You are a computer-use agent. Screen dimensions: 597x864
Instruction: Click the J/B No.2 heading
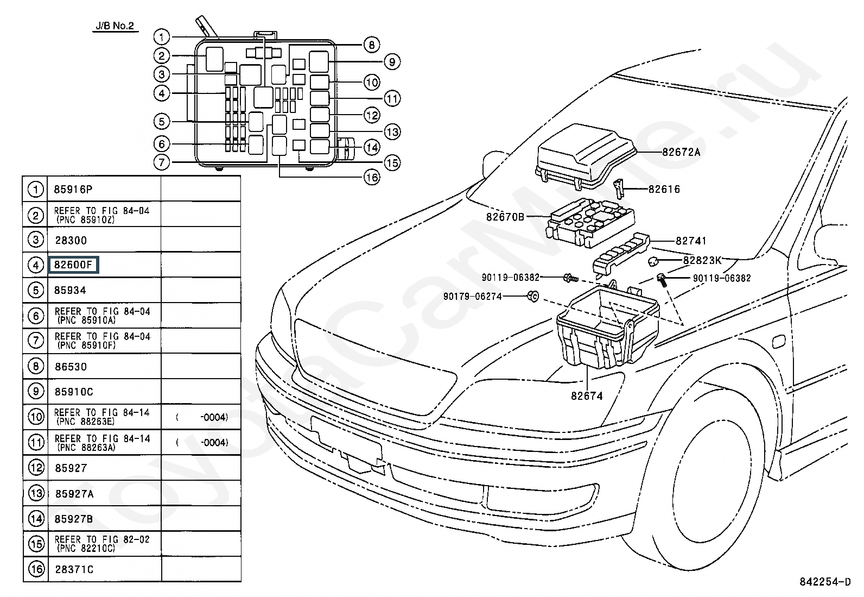click(115, 26)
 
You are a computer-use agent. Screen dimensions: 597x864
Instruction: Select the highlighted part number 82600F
click(73, 265)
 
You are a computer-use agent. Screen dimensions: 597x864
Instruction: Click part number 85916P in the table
click(73, 190)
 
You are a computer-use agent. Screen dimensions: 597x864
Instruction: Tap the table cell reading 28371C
click(74, 569)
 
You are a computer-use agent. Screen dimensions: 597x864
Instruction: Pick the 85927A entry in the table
click(74, 494)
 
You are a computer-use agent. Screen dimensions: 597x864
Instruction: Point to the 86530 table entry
click(71, 367)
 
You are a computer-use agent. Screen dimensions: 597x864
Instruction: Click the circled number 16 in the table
click(36, 569)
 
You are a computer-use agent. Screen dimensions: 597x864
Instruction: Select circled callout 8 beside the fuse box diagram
click(371, 45)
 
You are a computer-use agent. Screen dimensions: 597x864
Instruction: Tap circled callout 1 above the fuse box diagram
click(161, 37)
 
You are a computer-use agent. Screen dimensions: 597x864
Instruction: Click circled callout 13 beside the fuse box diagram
click(392, 131)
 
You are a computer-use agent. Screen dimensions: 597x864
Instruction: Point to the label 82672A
click(681, 152)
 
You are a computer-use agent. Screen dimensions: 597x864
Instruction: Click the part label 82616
click(664, 189)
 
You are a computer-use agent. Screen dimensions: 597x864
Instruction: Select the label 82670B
click(505, 217)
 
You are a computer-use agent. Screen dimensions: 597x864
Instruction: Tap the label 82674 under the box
click(586, 396)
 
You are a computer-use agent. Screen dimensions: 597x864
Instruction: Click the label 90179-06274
click(472, 296)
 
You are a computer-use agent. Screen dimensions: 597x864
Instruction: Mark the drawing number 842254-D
click(824, 582)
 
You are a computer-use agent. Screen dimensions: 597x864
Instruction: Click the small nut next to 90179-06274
click(533, 296)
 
